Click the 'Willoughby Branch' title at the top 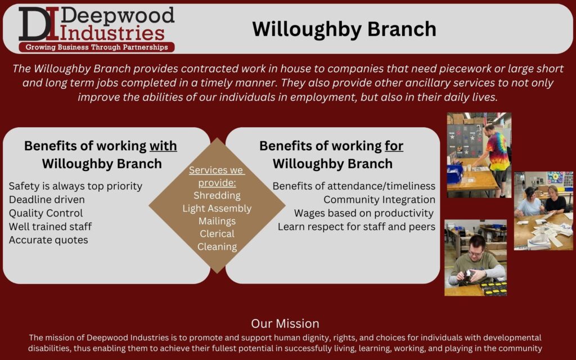click(344, 29)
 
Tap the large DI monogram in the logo click(39, 24)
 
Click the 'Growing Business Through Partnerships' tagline click(97, 47)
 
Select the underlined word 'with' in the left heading click(163, 146)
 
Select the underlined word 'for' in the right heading click(394, 146)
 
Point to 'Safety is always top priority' click(75, 186)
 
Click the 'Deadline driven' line click(47, 200)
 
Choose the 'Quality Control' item click(46, 213)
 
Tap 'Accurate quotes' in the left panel click(48, 240)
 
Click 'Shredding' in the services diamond click(217, 195)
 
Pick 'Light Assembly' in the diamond click(217, 208)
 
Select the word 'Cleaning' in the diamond click(217, 247)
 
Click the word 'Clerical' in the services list click(217, 233)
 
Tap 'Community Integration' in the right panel click(379, 200)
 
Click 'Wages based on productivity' click(364, 213)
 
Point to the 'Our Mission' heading click(285, 323)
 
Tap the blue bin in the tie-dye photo click(454, 173)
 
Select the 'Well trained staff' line click(50, 227)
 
